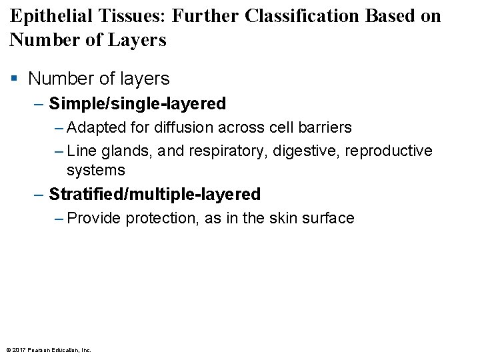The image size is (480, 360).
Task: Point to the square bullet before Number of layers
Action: [x=14, y=79]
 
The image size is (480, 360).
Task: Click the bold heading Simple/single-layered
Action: [x=137, y=104]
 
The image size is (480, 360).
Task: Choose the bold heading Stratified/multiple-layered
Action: [x=155, y=195]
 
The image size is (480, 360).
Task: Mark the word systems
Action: [x=95, y=170]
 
